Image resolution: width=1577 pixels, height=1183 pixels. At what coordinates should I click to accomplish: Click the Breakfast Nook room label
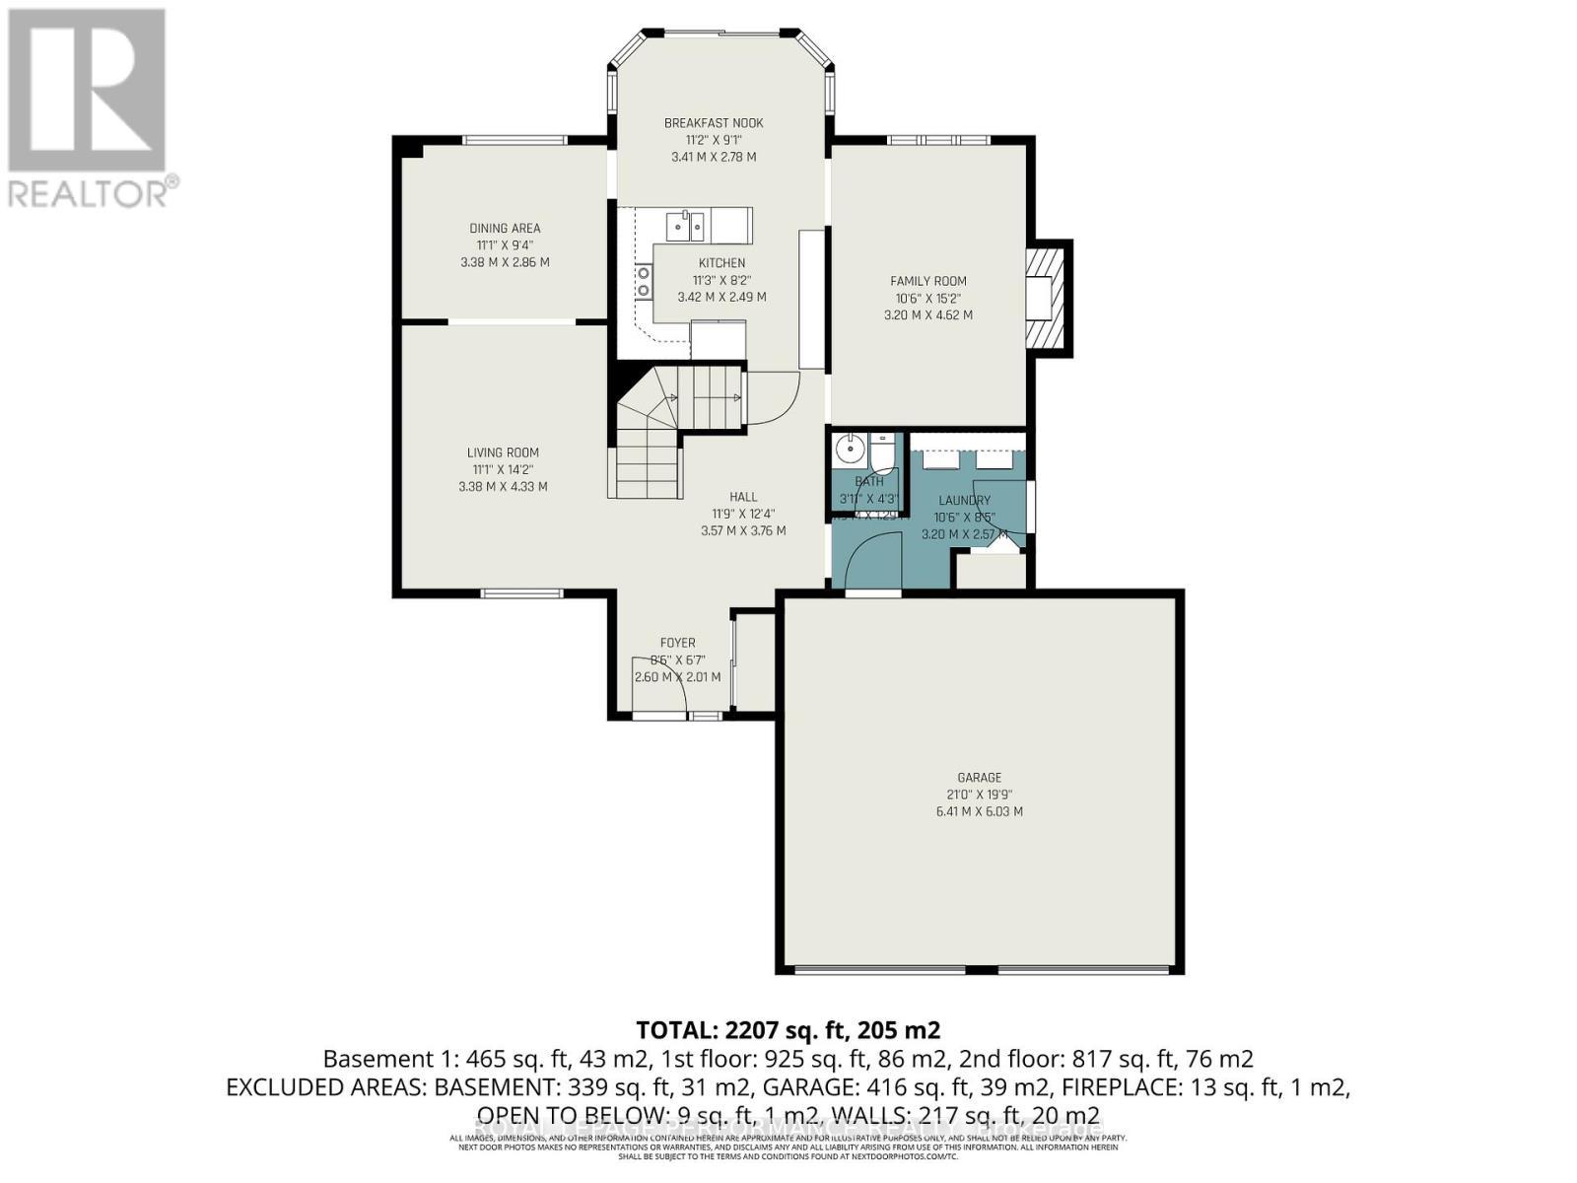click(714, 123)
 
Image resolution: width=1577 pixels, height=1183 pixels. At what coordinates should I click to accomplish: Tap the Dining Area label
click(505, 229)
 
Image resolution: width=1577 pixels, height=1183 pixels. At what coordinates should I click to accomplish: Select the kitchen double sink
click(685, 227)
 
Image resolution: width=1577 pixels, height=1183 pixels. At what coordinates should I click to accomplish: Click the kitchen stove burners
click(644, 281)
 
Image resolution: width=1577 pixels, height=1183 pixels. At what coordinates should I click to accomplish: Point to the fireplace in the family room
click(1047, 296)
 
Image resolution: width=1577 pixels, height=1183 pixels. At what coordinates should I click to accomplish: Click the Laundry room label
click(964, 501)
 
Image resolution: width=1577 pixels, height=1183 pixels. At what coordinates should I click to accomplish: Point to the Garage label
click(979, 778)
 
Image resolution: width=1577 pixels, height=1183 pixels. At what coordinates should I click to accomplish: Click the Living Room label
click(503, 453)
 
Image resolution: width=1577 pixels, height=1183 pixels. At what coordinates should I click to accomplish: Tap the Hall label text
click(743, 497)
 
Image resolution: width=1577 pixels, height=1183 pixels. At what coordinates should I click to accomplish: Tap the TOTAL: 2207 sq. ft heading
click(788, 1031)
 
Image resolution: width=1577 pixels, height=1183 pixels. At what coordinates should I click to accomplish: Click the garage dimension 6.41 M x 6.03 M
click(979, 812)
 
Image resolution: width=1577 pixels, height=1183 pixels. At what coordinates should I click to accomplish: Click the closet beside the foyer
click(756, 659)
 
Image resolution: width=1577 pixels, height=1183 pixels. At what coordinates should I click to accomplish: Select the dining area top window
click(514, 140)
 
